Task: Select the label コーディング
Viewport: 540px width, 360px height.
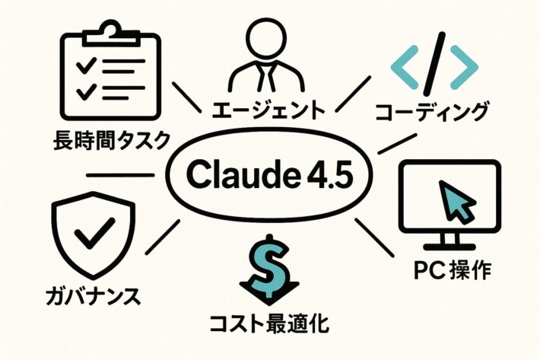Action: point(431,113)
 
